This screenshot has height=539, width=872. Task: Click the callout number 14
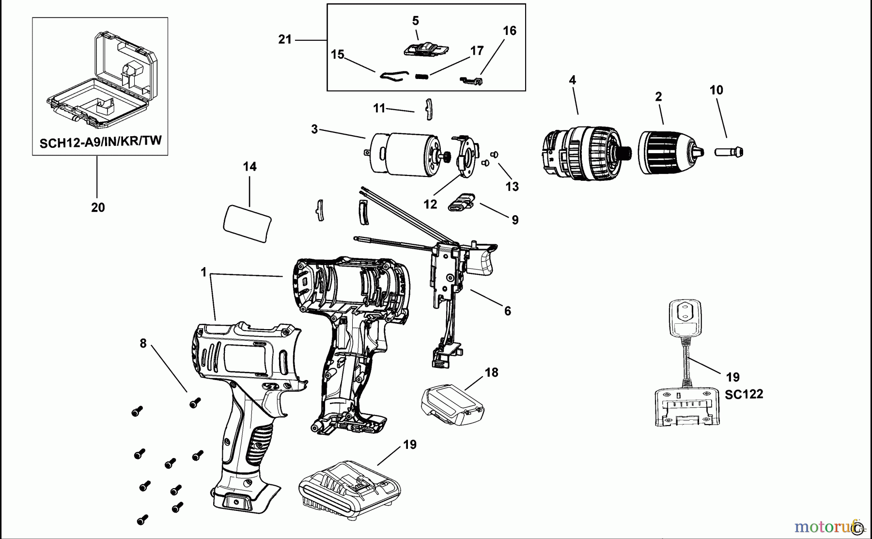(249, 167)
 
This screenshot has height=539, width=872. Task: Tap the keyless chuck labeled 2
(664, 152)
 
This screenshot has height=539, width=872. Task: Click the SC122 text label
(744, 394)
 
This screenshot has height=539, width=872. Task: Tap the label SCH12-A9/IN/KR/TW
(100, 142)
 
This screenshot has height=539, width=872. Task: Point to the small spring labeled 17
(422, 76)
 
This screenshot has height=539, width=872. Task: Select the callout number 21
(285, 40)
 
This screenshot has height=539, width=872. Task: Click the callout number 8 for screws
(143, 344)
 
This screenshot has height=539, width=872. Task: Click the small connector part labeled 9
(463, 203)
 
